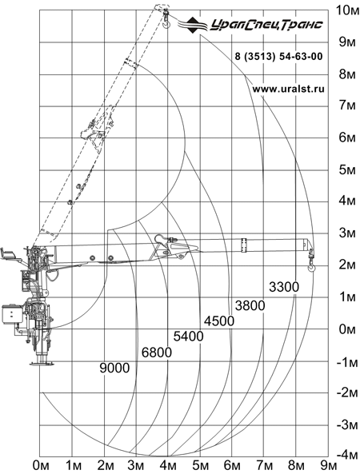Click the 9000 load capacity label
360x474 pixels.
click(114, 368)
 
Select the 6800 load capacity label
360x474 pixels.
click(157, 353)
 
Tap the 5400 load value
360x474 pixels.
click(189, 337)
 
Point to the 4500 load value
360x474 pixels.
click(219, 321)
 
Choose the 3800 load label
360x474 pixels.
click(250, 305)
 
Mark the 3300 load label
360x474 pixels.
click(284, 287)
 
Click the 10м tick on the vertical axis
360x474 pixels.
click(347, 10)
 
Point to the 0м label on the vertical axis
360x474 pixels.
click(347, 329)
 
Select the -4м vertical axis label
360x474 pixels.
click(346, 455)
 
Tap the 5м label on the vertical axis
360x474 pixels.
click(347, 169)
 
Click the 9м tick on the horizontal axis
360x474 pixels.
click(328, 466)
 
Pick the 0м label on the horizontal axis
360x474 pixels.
click(41, 466)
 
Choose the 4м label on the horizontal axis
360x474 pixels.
click(168, 466)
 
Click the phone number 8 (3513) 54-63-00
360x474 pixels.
click(279, 56)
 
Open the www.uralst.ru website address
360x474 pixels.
click(288, 89)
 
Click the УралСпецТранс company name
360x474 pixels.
click(266, 25)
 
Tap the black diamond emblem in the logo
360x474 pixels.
click(194, 25)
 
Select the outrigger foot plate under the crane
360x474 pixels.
click(42, 364)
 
